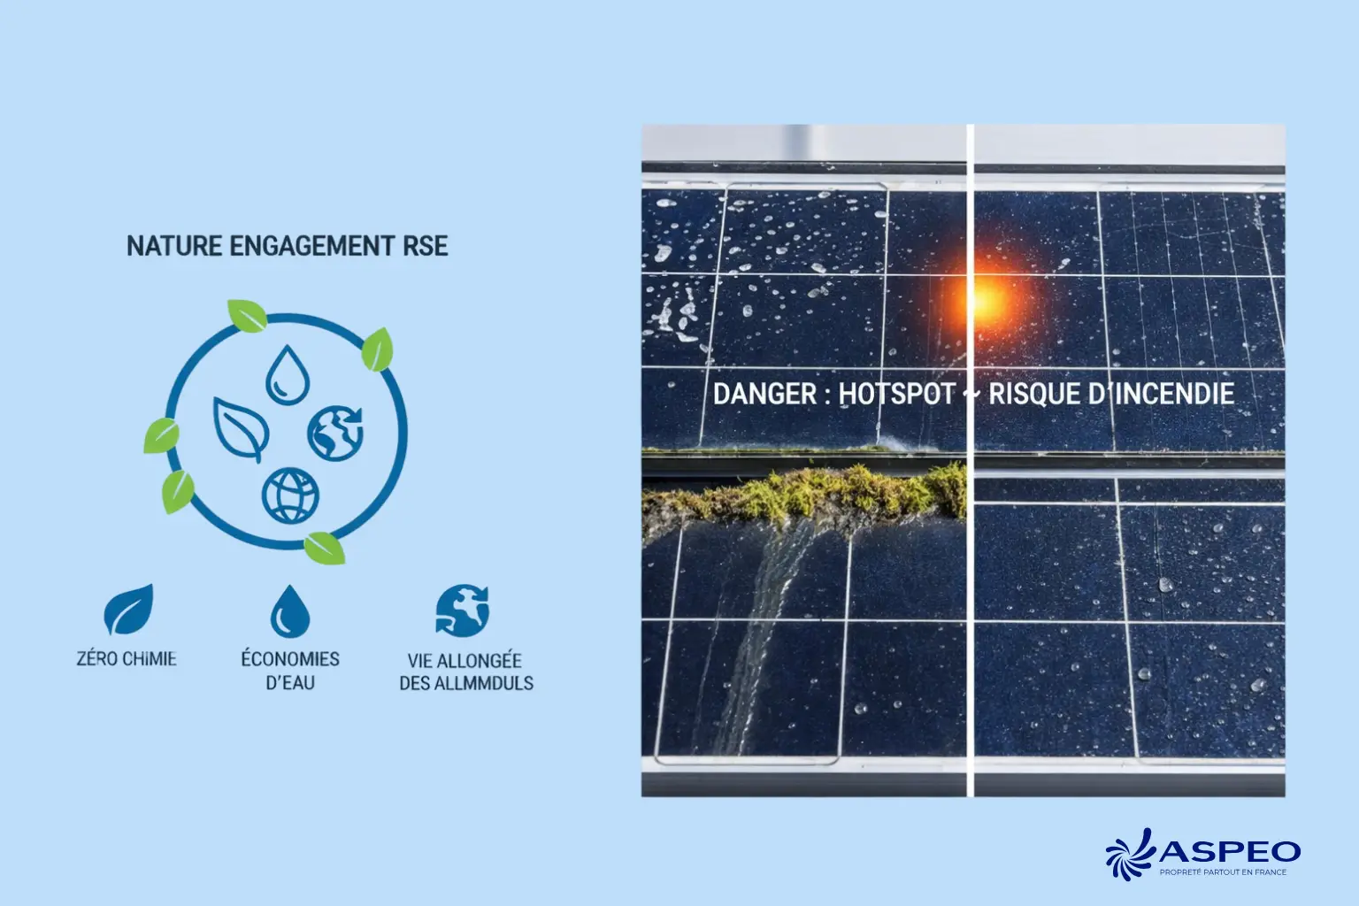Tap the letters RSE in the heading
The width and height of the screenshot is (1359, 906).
426,246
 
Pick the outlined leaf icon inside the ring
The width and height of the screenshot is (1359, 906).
242,428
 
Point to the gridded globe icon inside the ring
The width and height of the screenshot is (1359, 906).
290,495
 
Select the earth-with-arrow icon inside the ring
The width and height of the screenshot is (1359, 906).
336,433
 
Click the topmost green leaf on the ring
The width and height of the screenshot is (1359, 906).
247,315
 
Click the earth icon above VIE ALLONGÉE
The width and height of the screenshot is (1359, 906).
462,610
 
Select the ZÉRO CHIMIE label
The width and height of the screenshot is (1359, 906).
127,659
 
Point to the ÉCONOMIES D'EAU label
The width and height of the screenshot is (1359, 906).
290,671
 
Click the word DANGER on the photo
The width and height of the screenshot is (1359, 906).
765,394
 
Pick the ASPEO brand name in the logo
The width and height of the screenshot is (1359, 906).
1230,851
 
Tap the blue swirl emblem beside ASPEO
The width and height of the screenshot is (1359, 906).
1132,854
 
